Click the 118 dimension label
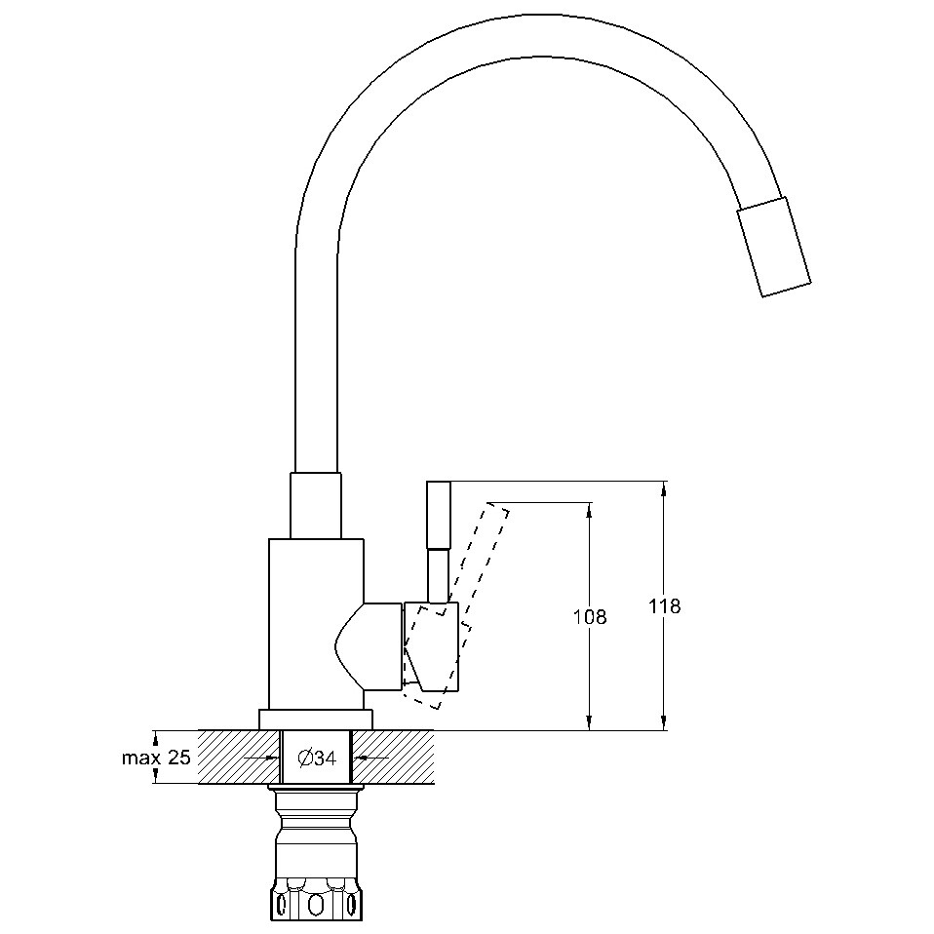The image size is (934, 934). (664, 606)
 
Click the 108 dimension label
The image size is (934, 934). (590, 617)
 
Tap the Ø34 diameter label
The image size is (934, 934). (317, 759)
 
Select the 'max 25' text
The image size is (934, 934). (156, 758)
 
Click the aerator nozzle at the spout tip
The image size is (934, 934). (774, 246)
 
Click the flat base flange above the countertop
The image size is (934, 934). (316, 720)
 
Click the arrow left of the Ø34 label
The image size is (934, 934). (262, 759)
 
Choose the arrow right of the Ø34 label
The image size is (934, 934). (371, 759)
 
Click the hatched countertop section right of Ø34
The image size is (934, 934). (393, 758)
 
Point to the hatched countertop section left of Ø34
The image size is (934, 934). (240, 758)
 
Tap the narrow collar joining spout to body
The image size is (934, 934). (316, 506)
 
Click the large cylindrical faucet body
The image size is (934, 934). (316, 624)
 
